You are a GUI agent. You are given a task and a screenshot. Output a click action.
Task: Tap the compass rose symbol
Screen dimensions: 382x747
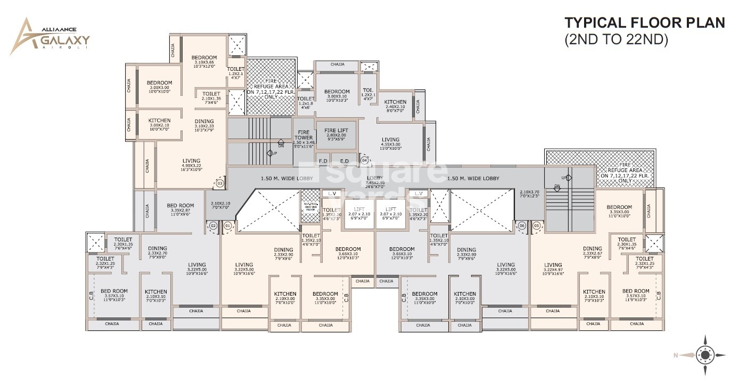click(x=705, y=354)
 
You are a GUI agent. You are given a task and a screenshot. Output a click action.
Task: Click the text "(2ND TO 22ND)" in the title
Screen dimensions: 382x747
click(x=616, y=40)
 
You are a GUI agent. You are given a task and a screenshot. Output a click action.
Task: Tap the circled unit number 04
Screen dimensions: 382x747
click(x=365, y=159)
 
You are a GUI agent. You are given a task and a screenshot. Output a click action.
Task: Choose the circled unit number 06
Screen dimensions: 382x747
click(x=522, y=225)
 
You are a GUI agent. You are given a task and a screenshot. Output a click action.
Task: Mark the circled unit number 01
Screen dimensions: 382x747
click(x=228, y=225)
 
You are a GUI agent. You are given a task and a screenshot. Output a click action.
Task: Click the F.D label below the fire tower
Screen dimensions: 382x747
click(x=323, y=160)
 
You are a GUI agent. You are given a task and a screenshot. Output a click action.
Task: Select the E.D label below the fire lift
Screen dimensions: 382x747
click(x=344, y=160)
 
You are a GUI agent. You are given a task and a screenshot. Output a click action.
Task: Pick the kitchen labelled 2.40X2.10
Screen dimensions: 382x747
click(x=395, y=104)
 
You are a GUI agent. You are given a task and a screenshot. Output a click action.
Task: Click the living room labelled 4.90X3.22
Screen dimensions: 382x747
click(x=191, y=164)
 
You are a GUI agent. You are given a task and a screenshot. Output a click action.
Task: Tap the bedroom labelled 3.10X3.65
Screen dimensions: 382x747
click(x=204, y=61)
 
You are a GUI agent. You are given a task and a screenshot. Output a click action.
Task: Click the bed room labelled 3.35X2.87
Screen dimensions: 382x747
click(x=180, y=209)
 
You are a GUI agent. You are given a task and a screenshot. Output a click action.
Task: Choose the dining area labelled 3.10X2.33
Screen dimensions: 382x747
click(x=204, y=125)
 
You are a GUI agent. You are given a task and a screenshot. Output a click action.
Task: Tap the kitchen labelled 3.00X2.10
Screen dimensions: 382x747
click(x=159, y=124)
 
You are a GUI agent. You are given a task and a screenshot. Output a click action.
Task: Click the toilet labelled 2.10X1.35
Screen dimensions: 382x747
click(x=211, y=96)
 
